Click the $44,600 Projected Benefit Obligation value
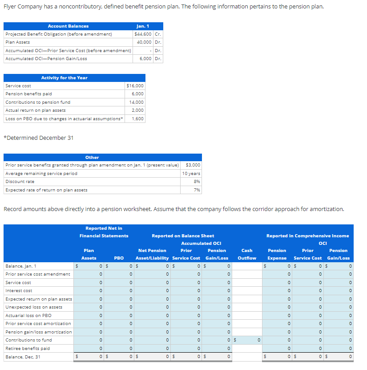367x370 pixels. (143, 34)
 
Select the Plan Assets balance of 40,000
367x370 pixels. (144, 42)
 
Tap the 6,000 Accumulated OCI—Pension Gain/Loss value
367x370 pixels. (145, 58)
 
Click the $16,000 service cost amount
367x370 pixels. (135, 85)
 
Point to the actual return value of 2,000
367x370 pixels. (138, 110)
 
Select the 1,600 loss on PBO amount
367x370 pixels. (138, 118)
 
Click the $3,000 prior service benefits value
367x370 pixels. (193, 165)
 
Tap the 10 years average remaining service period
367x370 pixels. (191, 173)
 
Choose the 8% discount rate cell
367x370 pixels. (197, 182)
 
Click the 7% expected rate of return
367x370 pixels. (197, 190)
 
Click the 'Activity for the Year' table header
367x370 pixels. (65, 77)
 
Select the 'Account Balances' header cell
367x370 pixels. (68, 26)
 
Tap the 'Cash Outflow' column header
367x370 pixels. (246, 254)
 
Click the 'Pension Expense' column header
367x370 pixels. (277, 254)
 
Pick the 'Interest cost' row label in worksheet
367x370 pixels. (18, 291)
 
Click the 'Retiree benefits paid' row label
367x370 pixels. (28, 349)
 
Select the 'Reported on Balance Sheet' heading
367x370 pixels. (183, 236)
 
